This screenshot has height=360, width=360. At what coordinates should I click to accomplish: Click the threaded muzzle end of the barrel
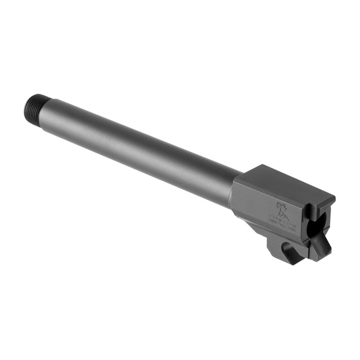[33, 105]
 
